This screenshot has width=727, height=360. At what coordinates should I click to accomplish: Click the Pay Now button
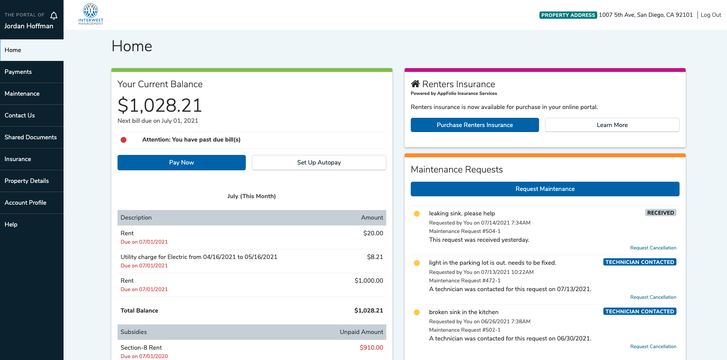point(181,163)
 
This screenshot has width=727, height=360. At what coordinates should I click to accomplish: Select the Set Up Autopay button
point(319,163)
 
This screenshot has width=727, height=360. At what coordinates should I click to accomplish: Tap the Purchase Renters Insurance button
point(475,125)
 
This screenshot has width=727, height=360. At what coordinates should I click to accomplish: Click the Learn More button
point(612,125)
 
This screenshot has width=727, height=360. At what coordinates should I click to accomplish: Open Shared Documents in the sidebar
point(31,137)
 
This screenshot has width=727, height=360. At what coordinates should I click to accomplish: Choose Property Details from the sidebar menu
point(27,181)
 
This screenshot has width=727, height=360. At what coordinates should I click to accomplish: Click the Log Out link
point(711,15)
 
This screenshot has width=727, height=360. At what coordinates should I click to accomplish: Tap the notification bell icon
point(54,15)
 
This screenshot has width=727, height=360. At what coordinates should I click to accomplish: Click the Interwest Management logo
point(91,14)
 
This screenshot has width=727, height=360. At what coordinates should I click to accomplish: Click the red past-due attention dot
point(124,140)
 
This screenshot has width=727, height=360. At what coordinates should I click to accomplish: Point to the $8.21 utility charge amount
point(375,257)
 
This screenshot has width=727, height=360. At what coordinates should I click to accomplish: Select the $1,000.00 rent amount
point(369,281)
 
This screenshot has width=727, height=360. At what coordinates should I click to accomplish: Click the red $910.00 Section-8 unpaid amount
point(371,348)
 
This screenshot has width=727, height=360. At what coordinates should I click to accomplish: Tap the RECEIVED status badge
point(660,213)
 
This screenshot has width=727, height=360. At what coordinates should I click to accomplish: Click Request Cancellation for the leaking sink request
point(653,248)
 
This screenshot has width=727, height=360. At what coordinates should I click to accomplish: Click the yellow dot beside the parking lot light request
point(417,263)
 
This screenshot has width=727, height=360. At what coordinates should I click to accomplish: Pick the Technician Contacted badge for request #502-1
point(640,312)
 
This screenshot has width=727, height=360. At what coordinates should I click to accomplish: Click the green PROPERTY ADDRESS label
point(568,15)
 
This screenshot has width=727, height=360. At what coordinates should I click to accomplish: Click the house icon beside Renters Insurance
point(415,84)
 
